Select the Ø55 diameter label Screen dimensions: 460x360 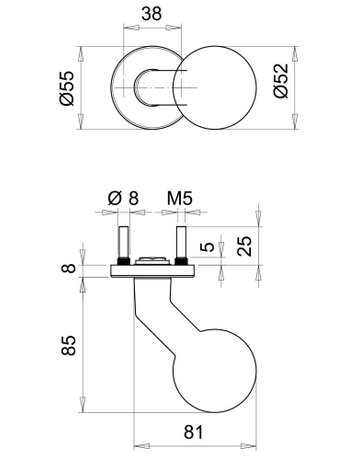click(x=67, y=91)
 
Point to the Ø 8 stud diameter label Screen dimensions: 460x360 click(x=121, y=199)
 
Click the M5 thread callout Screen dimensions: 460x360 click(x=179, y=199)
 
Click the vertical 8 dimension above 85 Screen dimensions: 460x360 click(x=67, y=269)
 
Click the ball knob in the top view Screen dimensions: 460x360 click(x=216, y=90)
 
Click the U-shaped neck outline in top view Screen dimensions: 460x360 click(x=160, y=90)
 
